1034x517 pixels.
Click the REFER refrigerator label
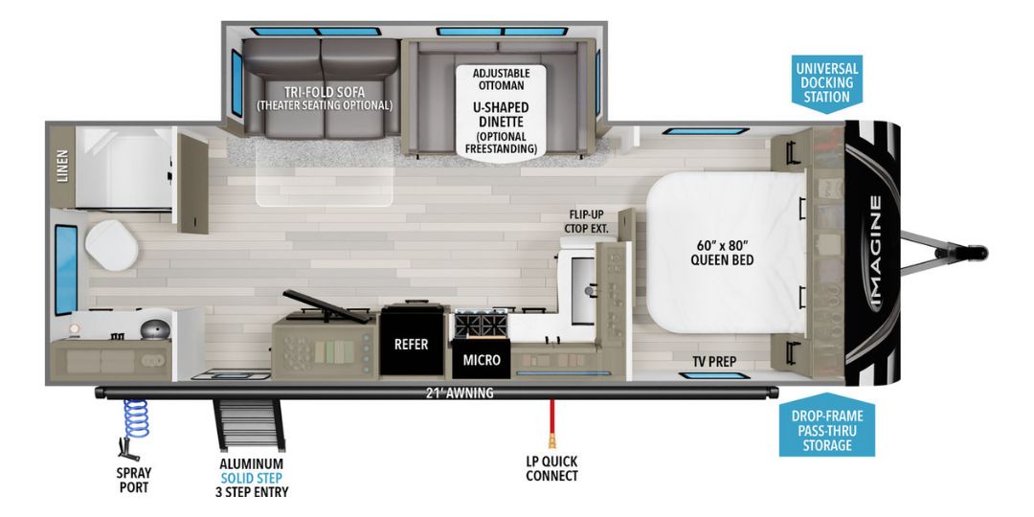pos(412,345)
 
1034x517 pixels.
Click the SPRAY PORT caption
pos(134,480)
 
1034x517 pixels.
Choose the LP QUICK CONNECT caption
pos(551,468)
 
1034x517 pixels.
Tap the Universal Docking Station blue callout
pos(826,82)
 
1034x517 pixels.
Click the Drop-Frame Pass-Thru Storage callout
pos(826,430)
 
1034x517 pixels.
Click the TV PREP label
pos(721,361)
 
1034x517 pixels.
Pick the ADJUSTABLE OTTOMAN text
pos(502,79)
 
